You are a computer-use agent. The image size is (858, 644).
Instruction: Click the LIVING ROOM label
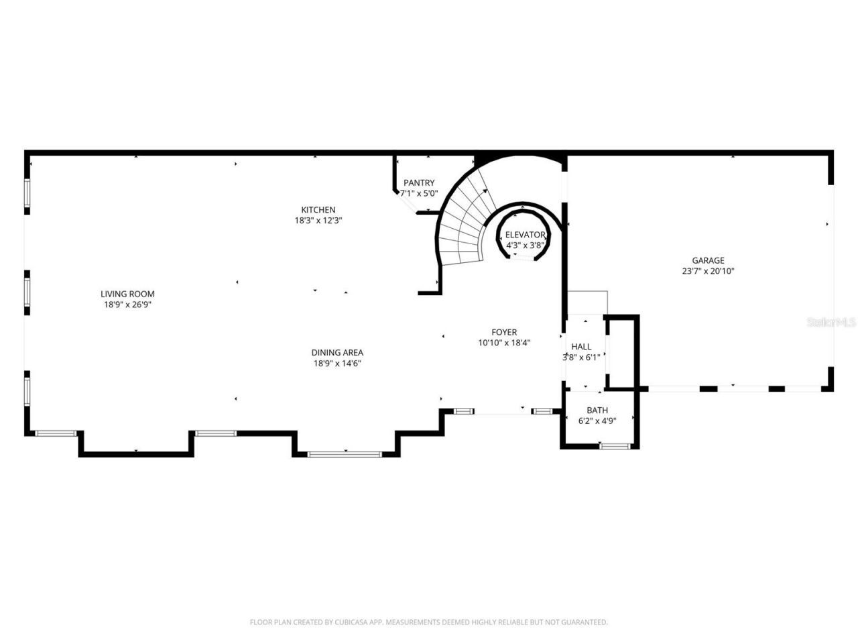tap(127, 294)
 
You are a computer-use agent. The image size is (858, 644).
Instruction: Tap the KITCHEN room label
tap(318, 210)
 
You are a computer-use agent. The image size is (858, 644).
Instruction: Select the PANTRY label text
tap(419, 182)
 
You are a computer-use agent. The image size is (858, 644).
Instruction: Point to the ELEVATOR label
tap(525, 235)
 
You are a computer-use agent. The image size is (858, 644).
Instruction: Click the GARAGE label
tap(708, 260)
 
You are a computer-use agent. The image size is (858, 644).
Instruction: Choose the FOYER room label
tap(504, 332)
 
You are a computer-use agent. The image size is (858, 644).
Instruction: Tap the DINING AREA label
tap(337, 352)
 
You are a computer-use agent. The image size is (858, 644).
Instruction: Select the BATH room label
tap(597, 411)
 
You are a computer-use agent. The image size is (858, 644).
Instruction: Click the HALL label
tap(581, 347)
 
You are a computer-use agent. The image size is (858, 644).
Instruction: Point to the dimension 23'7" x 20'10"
tap(708, 272)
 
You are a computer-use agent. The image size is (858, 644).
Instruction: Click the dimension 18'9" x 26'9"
tap(127, 305)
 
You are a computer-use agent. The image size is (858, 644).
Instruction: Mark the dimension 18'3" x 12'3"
tap(318, 221)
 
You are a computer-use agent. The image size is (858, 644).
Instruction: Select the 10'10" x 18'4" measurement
tap(504, 343)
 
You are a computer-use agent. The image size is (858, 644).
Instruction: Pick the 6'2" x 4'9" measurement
tap(597, 421)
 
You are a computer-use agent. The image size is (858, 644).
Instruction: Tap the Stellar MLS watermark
tap(831, 323)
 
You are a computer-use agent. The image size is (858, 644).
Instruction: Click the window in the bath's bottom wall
tap(615, 446)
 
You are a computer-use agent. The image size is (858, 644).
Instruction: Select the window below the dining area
tap(345, 455)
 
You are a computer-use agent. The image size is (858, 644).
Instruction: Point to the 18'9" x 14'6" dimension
tap(337, 364)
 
